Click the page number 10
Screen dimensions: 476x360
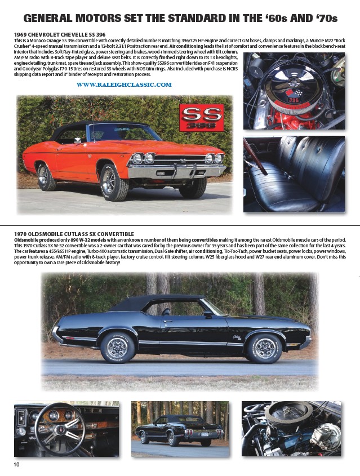click(17, 464)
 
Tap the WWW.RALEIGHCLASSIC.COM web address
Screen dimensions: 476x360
click(123, 84)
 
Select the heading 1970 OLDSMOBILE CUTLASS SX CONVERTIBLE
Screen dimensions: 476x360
click(74, 234)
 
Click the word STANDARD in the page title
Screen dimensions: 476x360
click(194, 18)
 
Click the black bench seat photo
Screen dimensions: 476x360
click(294, 174)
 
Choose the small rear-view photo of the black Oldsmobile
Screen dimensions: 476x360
click(180, 429)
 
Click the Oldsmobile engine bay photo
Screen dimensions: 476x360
click(291, 428)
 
